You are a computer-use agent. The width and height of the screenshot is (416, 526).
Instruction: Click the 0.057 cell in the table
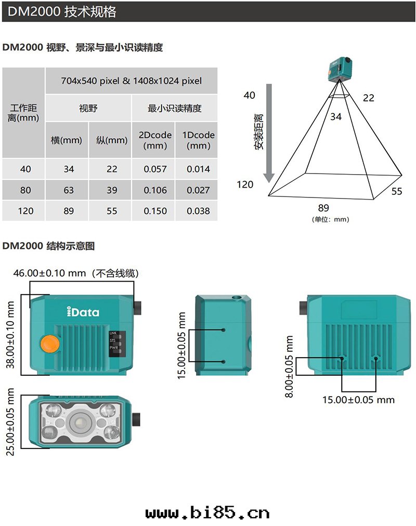pos(155,169)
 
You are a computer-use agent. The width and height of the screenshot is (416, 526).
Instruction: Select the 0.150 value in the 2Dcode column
pos(155,211)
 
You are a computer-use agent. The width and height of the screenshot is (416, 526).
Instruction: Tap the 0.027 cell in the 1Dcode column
pos(198,190)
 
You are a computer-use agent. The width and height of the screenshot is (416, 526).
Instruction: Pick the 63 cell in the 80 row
pos(69,190)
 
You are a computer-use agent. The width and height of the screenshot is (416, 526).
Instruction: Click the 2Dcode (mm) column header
pos(155,140)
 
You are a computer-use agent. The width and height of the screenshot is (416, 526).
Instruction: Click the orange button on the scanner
pos(49,344)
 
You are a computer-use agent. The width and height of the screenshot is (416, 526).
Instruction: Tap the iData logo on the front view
pos(83,312)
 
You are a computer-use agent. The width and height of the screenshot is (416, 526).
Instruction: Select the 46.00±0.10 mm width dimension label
pos(49,273)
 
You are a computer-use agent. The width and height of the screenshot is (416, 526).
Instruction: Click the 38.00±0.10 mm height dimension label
pos(10,335)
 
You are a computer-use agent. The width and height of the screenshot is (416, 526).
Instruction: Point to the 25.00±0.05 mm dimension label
pos(10,422)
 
